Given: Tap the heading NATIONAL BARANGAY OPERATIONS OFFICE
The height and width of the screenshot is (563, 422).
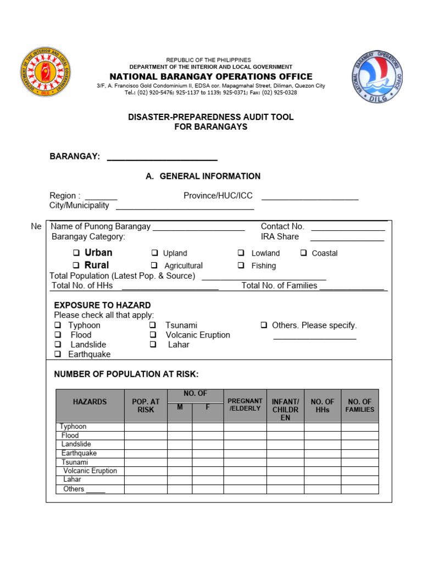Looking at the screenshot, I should (211, 77).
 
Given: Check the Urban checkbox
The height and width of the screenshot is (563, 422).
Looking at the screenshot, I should (76, 253).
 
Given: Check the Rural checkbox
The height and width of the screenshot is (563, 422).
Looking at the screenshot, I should (76, 266).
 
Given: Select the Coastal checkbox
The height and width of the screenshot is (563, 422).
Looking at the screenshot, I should (303, 253).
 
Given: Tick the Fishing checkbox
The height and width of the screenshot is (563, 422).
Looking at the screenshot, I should (241, 266).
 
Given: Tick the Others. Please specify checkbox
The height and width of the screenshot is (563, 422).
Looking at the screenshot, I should (264, 325).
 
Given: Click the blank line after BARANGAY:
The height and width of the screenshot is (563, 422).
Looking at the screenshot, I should (162, 157).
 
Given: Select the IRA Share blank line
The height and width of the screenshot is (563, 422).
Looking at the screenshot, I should (347, 238).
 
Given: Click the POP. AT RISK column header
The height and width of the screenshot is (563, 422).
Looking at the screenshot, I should (146, 406).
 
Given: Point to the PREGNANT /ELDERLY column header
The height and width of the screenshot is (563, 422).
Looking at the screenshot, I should (245, 405).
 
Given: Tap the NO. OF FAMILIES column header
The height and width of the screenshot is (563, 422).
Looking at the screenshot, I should (360, 406).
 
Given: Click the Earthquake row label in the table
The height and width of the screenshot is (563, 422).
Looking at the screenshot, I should (79, 453).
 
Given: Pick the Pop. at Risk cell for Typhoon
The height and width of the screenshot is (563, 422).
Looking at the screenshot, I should (146, 427).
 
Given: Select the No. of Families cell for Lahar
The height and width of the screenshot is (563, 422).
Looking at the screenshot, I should (360, 480).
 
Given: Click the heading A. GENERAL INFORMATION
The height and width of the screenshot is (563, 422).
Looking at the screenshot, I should (203, 176).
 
